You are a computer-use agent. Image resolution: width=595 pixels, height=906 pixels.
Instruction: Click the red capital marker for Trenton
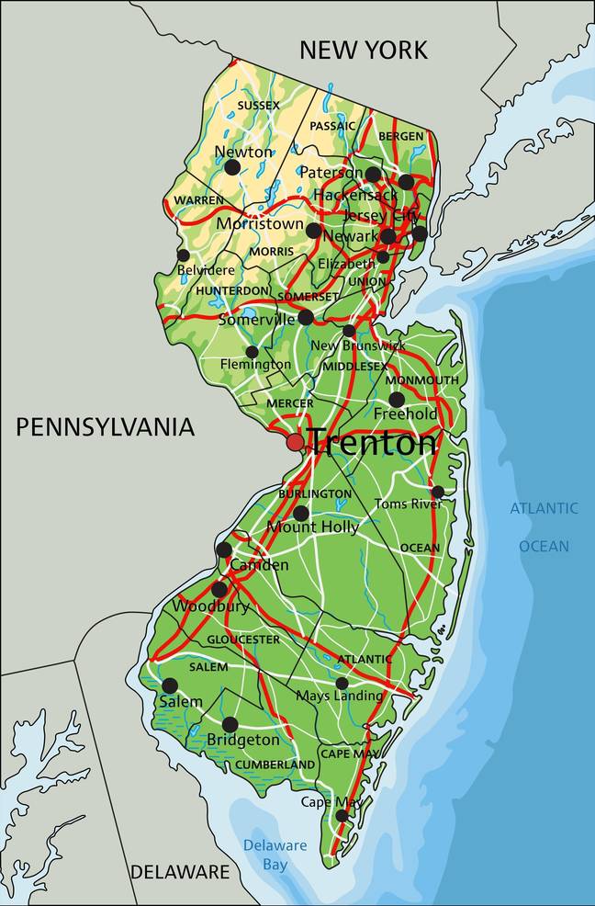point(295,442)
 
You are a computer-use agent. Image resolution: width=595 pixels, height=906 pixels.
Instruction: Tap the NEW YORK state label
point(364,50)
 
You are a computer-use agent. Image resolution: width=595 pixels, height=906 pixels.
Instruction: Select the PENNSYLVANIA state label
point(105,426)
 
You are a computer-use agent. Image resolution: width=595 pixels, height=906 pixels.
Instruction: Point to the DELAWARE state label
point(179,871)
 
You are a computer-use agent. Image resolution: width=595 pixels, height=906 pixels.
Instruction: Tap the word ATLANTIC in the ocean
point(544,508)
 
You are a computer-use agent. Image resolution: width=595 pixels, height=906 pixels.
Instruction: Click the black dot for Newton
point(232,167)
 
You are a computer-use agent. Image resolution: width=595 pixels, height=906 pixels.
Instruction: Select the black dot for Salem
point(170,685)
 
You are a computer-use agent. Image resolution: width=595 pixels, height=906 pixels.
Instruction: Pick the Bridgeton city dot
point(230,724)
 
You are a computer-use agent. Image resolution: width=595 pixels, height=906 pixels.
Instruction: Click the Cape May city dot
point(342,815)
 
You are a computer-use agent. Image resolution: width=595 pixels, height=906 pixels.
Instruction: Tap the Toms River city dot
point(438,492)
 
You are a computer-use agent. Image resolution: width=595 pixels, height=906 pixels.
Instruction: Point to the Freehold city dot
point(397,400)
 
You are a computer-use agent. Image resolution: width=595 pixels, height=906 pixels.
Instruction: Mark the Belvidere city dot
point(184,255)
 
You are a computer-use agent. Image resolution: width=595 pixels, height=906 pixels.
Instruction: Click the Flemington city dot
point(252,352)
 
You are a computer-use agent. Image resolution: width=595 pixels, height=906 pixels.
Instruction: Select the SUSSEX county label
point(258,106)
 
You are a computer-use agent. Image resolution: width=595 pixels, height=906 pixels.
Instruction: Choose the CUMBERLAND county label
point(275,764)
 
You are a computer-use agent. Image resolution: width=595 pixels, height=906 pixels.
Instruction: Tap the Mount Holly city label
point(312,527)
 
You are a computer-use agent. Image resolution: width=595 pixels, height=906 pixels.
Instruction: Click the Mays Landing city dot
point(342,683)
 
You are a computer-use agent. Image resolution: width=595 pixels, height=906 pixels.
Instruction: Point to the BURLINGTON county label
point(315,493)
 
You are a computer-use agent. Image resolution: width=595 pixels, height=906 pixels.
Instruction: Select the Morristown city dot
point(314,231)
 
